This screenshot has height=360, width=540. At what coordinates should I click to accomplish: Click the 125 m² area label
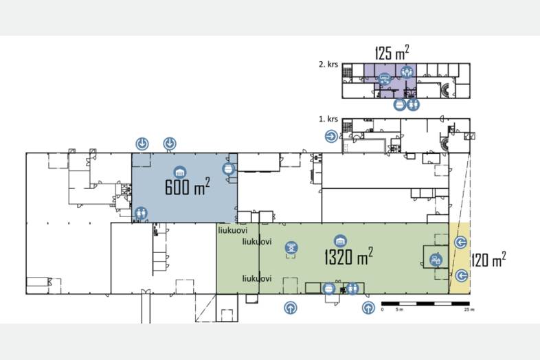(x=392, y=52)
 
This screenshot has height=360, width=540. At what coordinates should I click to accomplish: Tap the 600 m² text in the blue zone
(x=188, y=187)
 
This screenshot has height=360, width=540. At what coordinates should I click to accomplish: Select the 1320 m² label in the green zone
(x=348, y=256)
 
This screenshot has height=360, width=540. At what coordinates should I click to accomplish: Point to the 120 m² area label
(x=488, y=260)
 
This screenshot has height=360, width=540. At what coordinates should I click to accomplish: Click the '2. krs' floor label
(x=328, y=64)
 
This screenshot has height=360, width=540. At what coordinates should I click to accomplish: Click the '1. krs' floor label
(x=328, y=119)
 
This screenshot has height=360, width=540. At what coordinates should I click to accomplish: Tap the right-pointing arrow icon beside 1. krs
(x=331, y=137)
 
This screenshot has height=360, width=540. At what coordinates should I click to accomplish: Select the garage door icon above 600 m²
(x=179, y=172)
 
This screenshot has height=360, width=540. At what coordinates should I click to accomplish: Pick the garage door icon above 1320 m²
(x=340, y=241)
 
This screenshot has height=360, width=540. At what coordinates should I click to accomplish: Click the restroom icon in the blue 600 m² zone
(x=141, y=213)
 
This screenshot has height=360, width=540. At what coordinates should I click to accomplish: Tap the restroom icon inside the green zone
(x=352, y=289)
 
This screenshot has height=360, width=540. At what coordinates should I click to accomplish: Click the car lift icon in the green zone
(x=292, y=247)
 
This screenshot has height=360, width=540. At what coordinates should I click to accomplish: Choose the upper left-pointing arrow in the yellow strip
(x=460, y=243)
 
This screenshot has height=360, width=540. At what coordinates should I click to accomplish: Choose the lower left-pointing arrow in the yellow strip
(x=462, y=275)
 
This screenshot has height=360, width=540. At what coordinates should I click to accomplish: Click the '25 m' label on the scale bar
(x=469, y=310)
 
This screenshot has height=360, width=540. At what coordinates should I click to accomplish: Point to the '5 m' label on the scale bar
(x=399, y=310)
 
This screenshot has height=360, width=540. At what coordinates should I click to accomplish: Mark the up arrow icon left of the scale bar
(x=368, y=307)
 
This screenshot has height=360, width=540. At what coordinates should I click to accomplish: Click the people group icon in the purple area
(x=407, y=71)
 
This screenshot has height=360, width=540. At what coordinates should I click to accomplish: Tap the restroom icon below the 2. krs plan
(x=413, y=104)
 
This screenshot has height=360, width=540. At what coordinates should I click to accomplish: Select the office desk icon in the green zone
(x=436, y=260)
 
